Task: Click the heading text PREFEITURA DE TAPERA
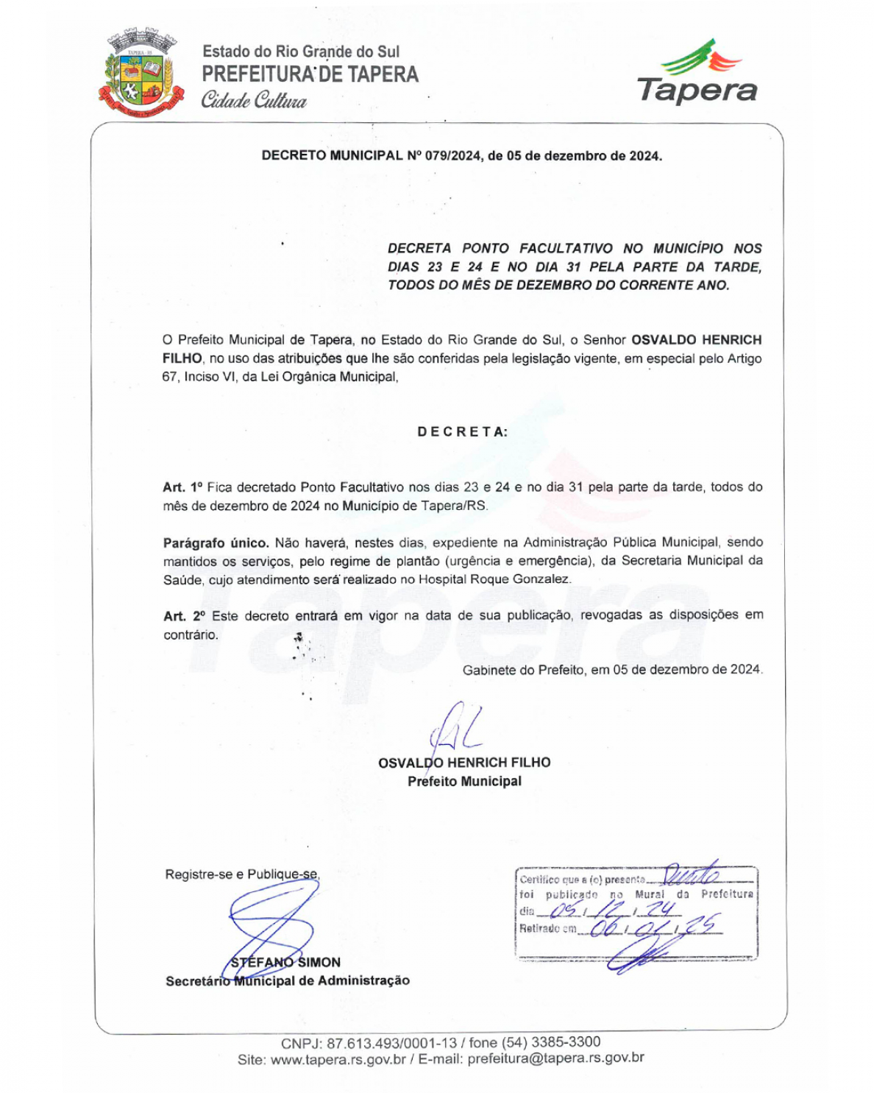[x=310, y=74]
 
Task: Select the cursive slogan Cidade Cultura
[x=254, y=100]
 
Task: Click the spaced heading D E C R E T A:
[x=462, y=432]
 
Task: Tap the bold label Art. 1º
[x=182, y=487]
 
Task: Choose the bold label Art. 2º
[x=184, y=616]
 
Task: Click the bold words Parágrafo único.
[x=216, y=543]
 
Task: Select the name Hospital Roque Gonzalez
[x=494, y=579]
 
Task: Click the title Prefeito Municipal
[x=464, y=782]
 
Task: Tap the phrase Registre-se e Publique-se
[x=242, y=874]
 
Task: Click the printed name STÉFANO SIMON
[x=286, y=962]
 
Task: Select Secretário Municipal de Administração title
[x=288, y=980]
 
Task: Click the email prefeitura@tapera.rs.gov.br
[x=555, y=1058]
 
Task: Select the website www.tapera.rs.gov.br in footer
[x=338, y=1060]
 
